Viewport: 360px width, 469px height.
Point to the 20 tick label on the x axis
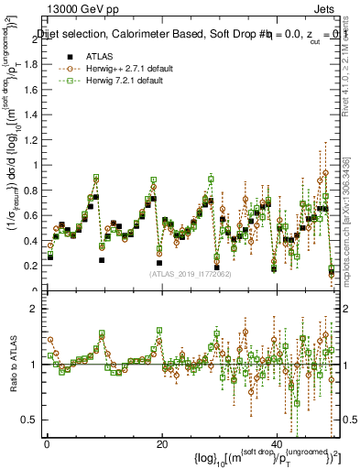162,443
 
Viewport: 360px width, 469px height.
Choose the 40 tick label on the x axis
278,443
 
